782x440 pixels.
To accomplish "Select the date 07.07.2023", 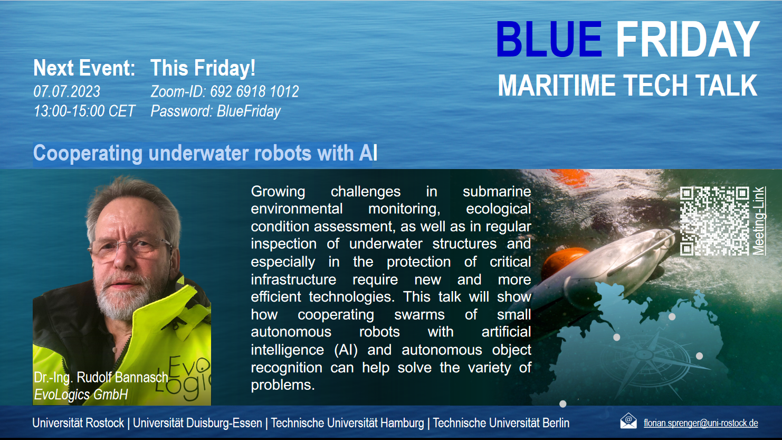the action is (66, 91).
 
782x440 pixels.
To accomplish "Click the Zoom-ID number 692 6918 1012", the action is (254, 91).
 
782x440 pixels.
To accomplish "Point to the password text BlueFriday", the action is (249, 111).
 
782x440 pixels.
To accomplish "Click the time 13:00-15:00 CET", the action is (84, 111).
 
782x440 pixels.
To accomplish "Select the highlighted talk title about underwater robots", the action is (205, 153).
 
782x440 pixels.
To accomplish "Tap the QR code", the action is (714, 221).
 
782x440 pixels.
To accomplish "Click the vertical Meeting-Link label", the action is (758, 221).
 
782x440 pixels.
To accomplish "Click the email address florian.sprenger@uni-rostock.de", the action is (701, 423).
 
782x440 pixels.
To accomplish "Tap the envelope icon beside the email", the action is (628, 421).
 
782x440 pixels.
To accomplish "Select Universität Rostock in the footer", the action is (78, 423).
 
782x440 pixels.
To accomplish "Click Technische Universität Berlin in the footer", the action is (501, 423).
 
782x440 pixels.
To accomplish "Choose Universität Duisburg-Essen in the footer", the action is (197, 423).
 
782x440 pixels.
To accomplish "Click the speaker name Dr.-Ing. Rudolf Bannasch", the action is (101, 378).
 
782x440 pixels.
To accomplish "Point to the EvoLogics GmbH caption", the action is (81, 395).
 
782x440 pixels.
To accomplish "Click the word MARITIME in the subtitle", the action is (556, 85).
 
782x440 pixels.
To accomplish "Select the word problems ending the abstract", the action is (283, 385).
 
